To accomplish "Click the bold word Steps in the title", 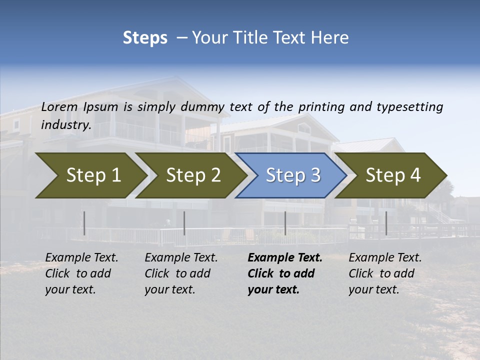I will click(145, 38).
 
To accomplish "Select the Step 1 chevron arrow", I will click(90, 175).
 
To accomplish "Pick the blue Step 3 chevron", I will click(292, 175).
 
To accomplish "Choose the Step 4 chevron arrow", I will click(392, 175).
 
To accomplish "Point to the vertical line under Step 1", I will click(84, 223).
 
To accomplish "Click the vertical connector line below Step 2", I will click(184, 223).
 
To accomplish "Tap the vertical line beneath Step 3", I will click(285, 223).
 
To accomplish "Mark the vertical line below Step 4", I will click(386, 223).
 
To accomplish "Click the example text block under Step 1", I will click(81, 273).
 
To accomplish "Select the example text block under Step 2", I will click(181, 273).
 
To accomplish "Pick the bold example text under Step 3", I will click(284, 273).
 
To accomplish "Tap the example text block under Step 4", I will click(385, 273).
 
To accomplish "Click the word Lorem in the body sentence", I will click(59, 107).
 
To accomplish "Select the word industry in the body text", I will click(65, 125).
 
